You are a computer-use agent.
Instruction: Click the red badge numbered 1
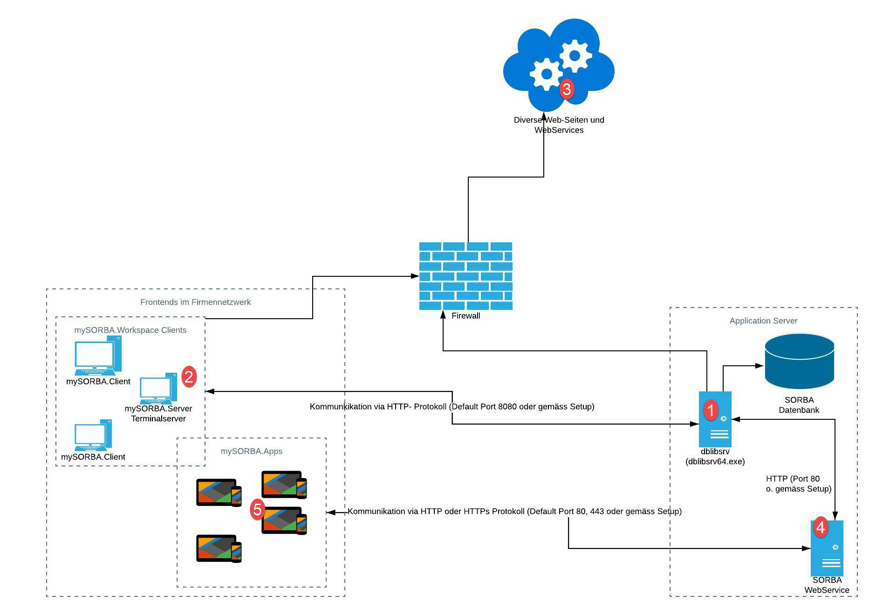711,410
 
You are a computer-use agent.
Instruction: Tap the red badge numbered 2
189,376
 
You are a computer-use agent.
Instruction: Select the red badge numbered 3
567,89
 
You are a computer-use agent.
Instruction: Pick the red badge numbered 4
821,527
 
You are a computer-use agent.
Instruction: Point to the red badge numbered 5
257,509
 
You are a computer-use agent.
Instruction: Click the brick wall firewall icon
465,276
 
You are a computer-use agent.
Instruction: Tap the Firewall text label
465,316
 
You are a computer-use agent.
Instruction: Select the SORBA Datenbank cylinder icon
799,361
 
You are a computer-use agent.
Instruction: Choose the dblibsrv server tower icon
715,419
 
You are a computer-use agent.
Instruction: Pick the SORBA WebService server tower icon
827,548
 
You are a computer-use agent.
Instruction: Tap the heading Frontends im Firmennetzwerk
195,302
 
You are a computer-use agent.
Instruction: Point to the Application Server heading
763,321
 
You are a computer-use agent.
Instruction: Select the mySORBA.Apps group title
251,451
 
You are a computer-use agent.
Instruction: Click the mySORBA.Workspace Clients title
130,330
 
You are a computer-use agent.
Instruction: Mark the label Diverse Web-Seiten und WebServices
559,125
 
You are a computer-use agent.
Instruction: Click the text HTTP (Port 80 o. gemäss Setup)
798,484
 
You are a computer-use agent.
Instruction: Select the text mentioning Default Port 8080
452,407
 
